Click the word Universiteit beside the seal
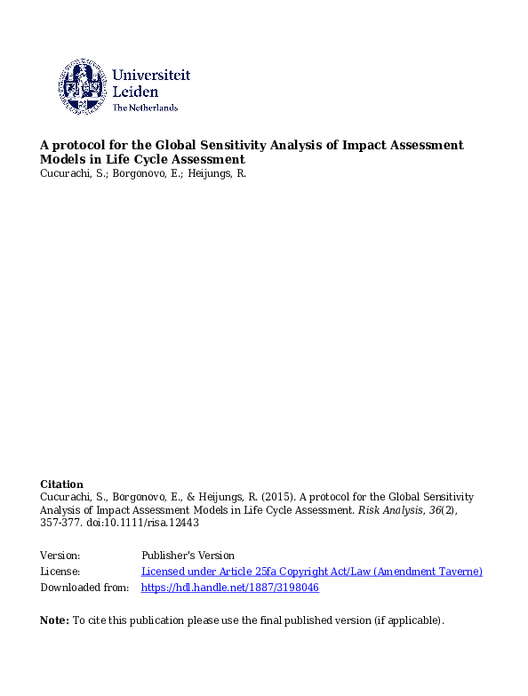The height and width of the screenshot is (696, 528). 151,76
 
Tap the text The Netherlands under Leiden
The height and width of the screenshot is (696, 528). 145,108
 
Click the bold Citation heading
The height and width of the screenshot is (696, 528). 61,484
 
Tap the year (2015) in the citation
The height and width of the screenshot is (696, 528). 279,497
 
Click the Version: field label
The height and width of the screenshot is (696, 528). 60,556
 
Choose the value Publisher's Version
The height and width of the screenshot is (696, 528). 188,556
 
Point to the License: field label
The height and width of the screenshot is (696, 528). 60,572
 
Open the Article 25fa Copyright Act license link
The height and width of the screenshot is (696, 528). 312,572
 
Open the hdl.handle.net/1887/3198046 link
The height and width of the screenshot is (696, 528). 230,588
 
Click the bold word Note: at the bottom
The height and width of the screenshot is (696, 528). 54,620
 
